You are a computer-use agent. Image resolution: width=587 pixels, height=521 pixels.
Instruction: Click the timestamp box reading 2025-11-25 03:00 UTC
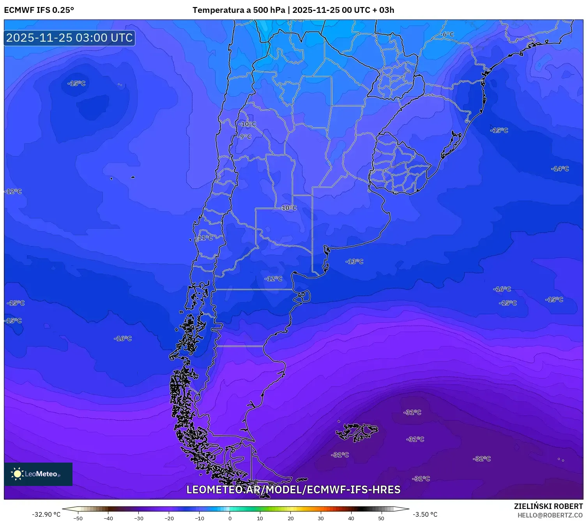coord(69,38)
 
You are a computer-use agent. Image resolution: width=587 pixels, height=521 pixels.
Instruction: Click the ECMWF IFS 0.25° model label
coord(39,10)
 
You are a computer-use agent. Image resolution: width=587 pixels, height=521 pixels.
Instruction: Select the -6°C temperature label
coord(448,34)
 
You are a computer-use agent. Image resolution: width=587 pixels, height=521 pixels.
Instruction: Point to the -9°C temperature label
coord(245,137)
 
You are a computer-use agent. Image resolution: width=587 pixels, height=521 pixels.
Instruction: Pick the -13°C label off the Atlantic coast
coord(354,261)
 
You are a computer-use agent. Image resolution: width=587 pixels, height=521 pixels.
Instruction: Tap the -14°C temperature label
coord(560,169)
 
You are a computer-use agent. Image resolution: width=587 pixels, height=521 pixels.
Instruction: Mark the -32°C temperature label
coord(482,459)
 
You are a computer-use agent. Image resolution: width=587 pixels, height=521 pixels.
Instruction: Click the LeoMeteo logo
coord(38,474)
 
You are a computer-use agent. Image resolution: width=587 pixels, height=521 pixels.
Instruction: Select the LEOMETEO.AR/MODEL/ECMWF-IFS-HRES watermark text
coord(293,489)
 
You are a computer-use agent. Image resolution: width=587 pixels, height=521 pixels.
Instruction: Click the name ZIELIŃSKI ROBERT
coord(548,506)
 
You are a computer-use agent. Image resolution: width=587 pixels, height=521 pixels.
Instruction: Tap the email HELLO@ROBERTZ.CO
coord(550,515)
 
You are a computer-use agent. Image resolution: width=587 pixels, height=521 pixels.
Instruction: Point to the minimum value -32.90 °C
coord(46,514)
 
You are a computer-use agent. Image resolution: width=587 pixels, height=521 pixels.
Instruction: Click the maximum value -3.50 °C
coord(425,514)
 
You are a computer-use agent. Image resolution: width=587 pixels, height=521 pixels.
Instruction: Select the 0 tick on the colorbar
coord(230,518)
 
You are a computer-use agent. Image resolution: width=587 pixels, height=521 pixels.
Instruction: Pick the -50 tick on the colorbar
coord(78,518)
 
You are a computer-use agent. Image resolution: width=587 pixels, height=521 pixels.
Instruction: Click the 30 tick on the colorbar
coord(320,518)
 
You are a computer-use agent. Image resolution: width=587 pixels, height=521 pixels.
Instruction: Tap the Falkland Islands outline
coord(357,431)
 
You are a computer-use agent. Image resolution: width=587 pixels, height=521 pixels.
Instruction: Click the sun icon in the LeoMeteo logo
coord(17,474)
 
